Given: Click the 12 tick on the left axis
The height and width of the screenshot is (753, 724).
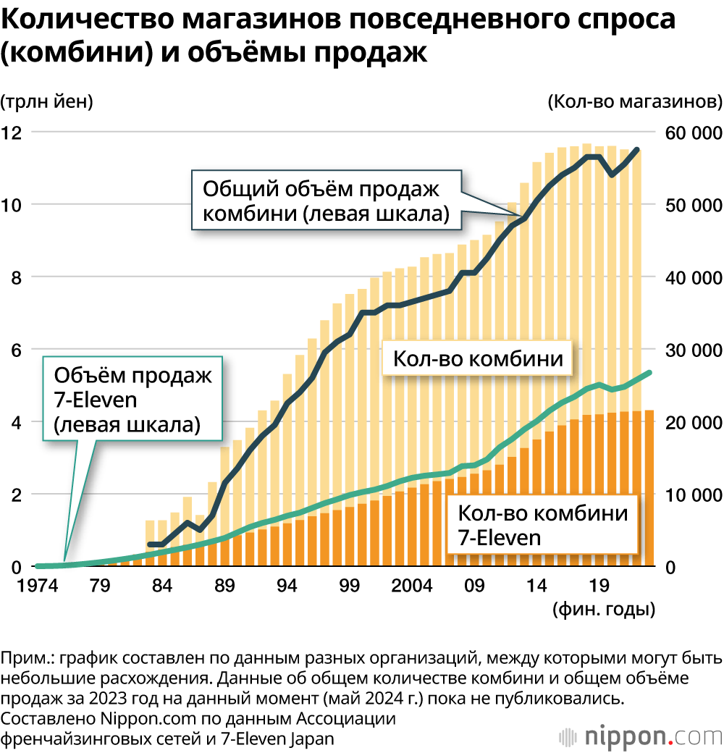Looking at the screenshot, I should tap(13, 133).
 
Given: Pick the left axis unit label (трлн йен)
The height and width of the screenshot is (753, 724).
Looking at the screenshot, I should tap(48, 101).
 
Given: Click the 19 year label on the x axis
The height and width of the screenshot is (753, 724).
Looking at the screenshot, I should tap(598, 585).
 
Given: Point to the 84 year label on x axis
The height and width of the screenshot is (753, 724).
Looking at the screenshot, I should tap(163, 585).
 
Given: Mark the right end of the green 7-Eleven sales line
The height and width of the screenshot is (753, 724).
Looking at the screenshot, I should tap(649, 372).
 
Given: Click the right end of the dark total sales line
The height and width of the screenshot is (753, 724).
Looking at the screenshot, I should tap(637, 150).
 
